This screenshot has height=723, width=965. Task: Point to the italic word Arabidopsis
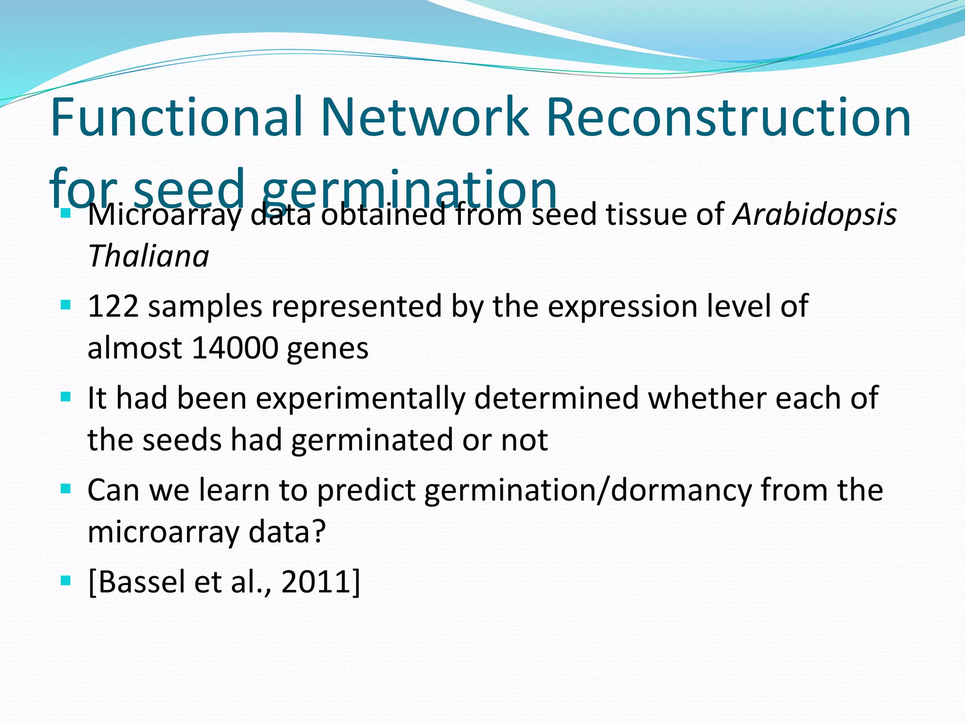click(814, 215)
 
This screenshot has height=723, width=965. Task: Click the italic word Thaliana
click(148, 257)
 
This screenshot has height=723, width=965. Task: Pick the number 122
click(113, 306)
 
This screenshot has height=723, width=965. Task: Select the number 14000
click(235, 348)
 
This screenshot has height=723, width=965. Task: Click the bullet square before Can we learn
click(65, 489)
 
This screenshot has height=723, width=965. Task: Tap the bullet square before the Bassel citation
click(65, 581)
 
